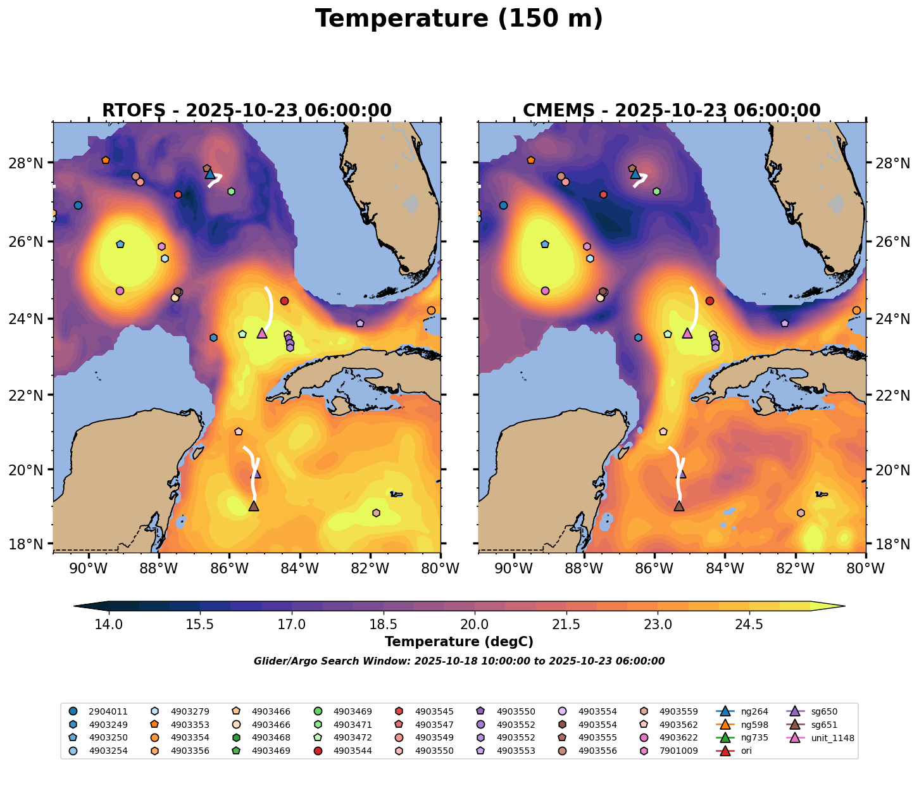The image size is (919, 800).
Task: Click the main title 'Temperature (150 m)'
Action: pyautogui.click(x=459, y=19)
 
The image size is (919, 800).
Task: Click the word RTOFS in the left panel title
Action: pyautogui.click(x=131, y=111)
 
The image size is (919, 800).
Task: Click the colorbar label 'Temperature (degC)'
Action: pyautogui.click(x=459, y=642)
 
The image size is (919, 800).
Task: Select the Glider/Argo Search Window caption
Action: pyautogui.click(x=459, y=661)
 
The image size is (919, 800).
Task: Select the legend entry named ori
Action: pyautogui.click(x=746, y=751)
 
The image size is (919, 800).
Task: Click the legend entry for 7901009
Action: pyautogui.click(x=677, y=751)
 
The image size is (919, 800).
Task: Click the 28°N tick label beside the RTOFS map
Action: pyautogui.click(x=30, y=163)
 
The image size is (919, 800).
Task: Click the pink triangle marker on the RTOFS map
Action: pyautogui.click(x=262, y=333)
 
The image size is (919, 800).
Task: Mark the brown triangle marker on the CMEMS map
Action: pyautogui.click(x=679, y=506)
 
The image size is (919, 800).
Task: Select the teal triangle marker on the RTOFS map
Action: pyautogui.click(x=210, y=173)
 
